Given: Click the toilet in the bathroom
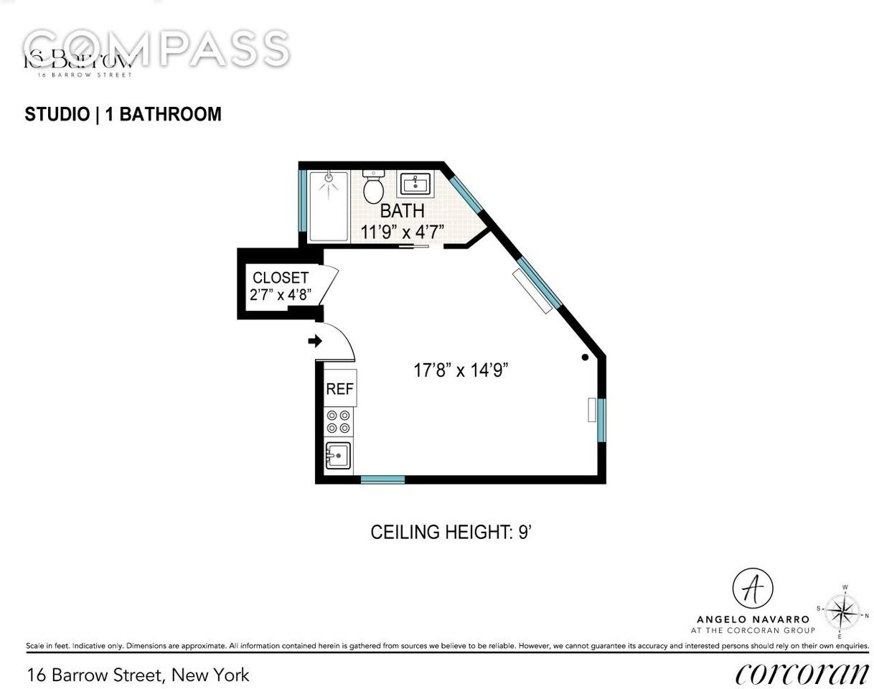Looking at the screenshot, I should pos(373,188).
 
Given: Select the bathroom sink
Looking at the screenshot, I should pos(415,184).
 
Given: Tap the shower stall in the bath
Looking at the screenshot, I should pos(328,206).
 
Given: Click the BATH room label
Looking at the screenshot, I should pos(402,212).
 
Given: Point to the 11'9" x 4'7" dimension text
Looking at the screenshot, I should pos(402,232).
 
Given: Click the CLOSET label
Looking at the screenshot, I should pos(281,278).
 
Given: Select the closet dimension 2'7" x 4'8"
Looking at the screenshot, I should pos(281,295).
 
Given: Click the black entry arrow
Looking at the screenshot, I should pos(314,341).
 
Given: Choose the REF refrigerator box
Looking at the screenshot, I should pos(339,389).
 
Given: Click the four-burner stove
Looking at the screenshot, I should pos(339,422).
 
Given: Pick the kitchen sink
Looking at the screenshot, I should pos(338,456).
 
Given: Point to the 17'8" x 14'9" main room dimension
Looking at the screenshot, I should pos(461,370).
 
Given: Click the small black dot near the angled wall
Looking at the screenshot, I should pos(585,357).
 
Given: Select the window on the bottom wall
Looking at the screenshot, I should pos(382,479).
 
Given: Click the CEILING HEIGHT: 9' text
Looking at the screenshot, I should pos(451,533).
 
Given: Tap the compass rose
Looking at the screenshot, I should pos(842,612).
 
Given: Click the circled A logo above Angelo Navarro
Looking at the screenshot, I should pos(752,589).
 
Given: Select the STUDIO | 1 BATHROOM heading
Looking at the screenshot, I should pos(123,115).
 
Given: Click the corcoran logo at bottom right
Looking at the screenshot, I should pos(802,673).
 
